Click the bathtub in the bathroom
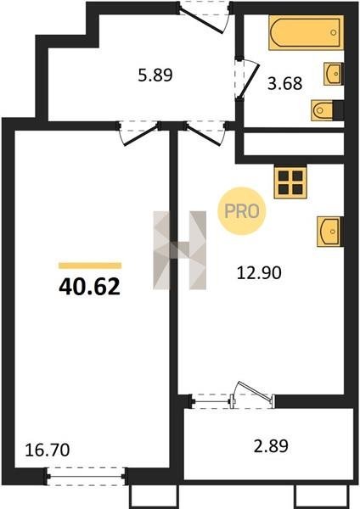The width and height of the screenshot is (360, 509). pyautogui.click(x=306, y=32)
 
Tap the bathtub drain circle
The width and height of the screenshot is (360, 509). pyautogui.click(x=334, y=32)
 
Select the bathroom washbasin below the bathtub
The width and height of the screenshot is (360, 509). pyautogui.click(x=334, y=74)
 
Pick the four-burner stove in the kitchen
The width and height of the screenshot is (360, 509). pyautogui.click(x=290, y=182)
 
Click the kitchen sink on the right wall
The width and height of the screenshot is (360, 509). pyautogui.click(x=330, y=232)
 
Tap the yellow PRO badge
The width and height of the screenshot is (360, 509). pyautogui.click(x=242, y=211)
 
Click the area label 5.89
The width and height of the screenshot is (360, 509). pyautogui.click(x=155, y=76)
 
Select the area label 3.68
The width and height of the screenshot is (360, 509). pyautogui.click(x=285, y=83)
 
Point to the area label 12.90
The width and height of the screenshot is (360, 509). pyautogui.click(x=259, y=273)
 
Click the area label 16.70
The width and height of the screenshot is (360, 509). pyautogui.click(x=48, y=450)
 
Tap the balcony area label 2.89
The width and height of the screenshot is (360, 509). pyautogui.click(x=271, y=445)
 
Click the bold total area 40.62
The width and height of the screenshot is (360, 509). pyautogui.click(x=90, y=288)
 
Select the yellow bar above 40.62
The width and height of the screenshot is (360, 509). pyautogui.click(x=90, y=266)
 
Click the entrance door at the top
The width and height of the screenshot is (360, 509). pyautogui.click(x=201, y=20)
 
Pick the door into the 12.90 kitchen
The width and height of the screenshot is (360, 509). pyautogui.click(x=205, y=135)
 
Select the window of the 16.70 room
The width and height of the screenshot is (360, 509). pyautogui.click(x=87, y=477)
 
